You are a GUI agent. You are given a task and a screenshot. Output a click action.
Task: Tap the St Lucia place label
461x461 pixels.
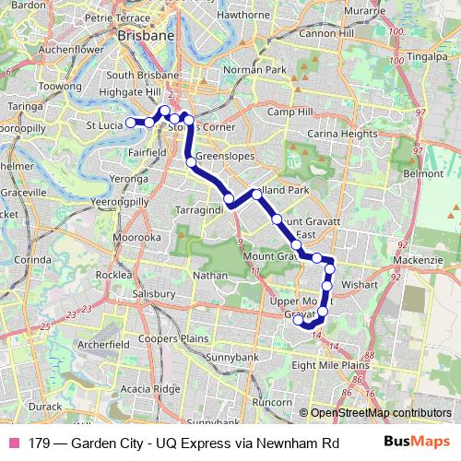pyautogui.click(x=104, y=124)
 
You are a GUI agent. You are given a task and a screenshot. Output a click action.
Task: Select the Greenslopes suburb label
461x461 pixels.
pyautogui.click(x=219, y=157)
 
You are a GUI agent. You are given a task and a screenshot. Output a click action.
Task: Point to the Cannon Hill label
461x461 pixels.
pyautogui.click(x=325, y=34)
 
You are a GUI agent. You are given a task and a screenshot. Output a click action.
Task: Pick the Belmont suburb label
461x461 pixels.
pyautogui.click(x=423, y=172)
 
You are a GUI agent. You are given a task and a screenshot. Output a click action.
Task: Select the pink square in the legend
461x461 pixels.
pyautogui.click(x=14, y=442)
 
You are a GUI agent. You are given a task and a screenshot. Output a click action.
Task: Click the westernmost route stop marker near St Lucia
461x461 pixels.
pyautogui.click(x=131, y=122)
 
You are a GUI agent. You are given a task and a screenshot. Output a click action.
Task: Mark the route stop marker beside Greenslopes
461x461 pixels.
pyautogui.click(x=191, y=162)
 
